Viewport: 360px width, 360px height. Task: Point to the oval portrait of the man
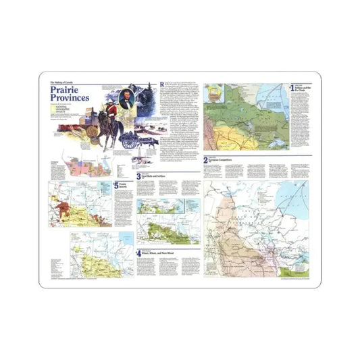click(x=125, y=97)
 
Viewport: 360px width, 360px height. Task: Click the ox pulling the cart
click(x=150, y=143)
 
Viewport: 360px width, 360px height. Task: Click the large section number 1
click(x=292, y=87)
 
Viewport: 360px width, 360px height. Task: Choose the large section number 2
click(x=205, y=161)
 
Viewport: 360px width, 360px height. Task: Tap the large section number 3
click(x=139, y=176)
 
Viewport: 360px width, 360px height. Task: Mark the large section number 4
click(x=138, y=253)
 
